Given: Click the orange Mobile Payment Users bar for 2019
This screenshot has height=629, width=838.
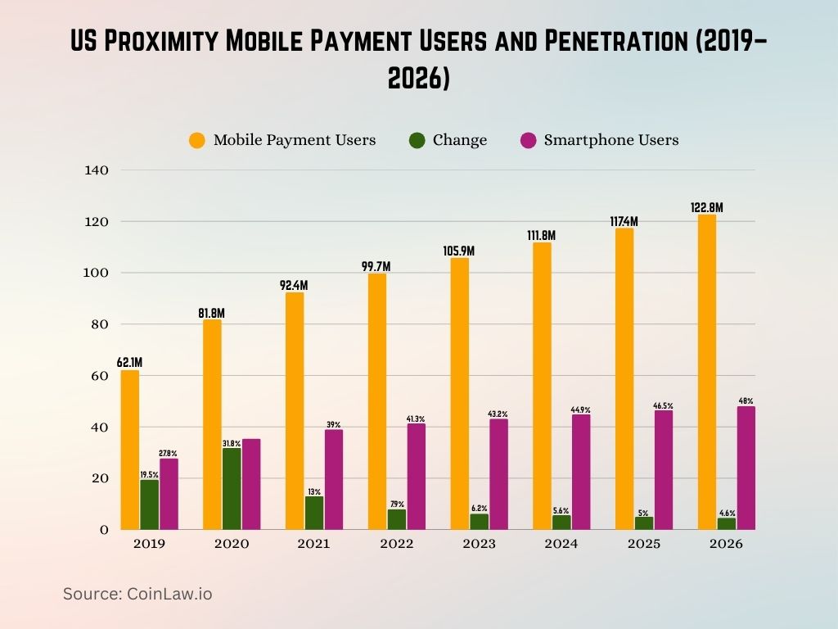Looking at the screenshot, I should [129, 450].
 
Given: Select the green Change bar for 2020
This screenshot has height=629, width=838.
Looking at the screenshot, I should [232, 489].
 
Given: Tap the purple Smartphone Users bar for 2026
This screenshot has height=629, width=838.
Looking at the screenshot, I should [746, 468].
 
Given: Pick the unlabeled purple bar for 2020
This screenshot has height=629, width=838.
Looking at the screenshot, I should [251, 484].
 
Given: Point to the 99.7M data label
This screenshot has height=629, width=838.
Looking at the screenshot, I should [376, 266].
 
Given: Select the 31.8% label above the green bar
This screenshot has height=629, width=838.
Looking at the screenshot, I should [232, 442].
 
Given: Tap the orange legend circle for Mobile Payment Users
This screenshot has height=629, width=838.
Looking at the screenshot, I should [197, 140].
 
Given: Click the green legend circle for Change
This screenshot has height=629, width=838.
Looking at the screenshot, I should [417, 140].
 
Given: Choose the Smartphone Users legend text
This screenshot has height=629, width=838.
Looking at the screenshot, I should [611, 140].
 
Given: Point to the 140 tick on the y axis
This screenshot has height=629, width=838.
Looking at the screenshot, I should [97, 170].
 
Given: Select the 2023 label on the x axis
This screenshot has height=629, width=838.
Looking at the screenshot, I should [480, 544].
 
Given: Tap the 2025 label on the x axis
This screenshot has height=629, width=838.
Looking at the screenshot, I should [644, 544].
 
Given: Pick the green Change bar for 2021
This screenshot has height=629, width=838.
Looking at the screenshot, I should [314, 513].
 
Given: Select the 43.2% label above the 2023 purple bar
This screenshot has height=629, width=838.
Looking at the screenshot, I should [498, 414].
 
